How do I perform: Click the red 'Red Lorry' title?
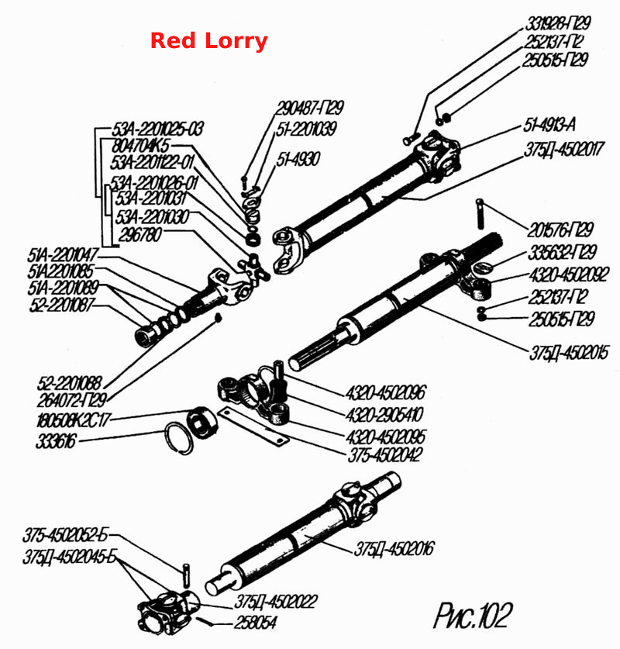(209, 41)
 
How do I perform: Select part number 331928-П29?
(557, 23)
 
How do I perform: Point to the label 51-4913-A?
(549, 125)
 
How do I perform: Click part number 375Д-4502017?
(564, 150)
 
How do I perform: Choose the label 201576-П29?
(560, 230)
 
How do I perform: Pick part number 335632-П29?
(563, 252)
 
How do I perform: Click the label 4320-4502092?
(569, 274)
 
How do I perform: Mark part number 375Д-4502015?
(569, 353)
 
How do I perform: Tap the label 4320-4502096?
(385, 392)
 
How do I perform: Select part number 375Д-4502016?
(394, 549)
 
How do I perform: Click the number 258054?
(256, 622)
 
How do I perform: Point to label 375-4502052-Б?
(65, 535)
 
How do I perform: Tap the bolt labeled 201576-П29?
(480, 213)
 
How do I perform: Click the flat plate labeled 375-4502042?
(253, 426)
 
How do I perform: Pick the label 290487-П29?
(310, 108)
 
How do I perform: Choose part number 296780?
(139, 235)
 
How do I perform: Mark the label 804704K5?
(141, 145)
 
